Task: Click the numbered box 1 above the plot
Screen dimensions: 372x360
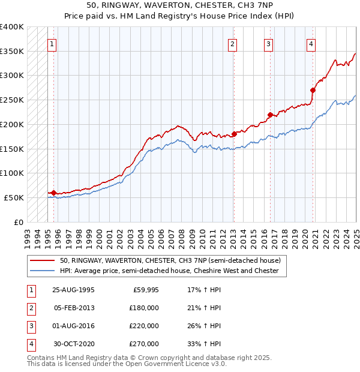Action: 52,43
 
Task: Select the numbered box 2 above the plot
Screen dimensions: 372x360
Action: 232,43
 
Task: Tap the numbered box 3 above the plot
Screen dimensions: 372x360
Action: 268,43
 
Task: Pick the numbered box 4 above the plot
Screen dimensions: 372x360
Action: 311,43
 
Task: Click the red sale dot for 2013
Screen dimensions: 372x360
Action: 234,134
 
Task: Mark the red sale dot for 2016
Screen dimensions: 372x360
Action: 270,114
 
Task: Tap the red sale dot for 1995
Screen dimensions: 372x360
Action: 54,193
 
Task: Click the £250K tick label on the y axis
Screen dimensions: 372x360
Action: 12,100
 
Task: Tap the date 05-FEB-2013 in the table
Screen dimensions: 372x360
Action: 74,307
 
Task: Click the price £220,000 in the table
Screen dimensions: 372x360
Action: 143,326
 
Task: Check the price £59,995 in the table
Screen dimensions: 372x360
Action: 145,289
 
